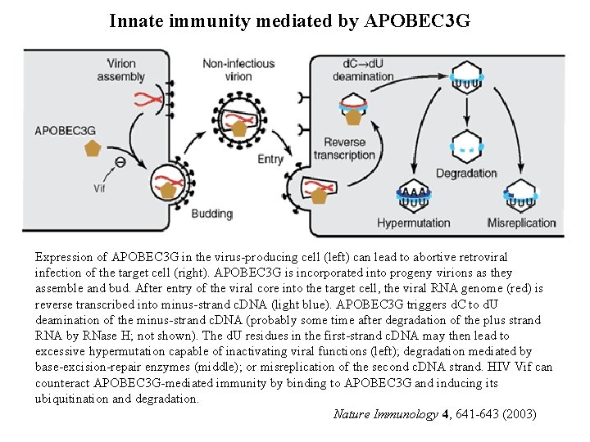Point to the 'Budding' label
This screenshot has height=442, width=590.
click(x=211, y=214)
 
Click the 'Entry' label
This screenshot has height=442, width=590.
click(x=270, y=159)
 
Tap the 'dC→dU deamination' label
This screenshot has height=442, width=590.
click(x=364, y=70)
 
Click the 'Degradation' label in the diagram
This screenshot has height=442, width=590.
click(x=466, y=174)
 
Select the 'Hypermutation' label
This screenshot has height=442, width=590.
click(x=414, y=223)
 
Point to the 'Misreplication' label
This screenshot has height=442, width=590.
click(x=521, y=223)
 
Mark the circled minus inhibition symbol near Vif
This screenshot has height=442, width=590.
click(x=120, y=163)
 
